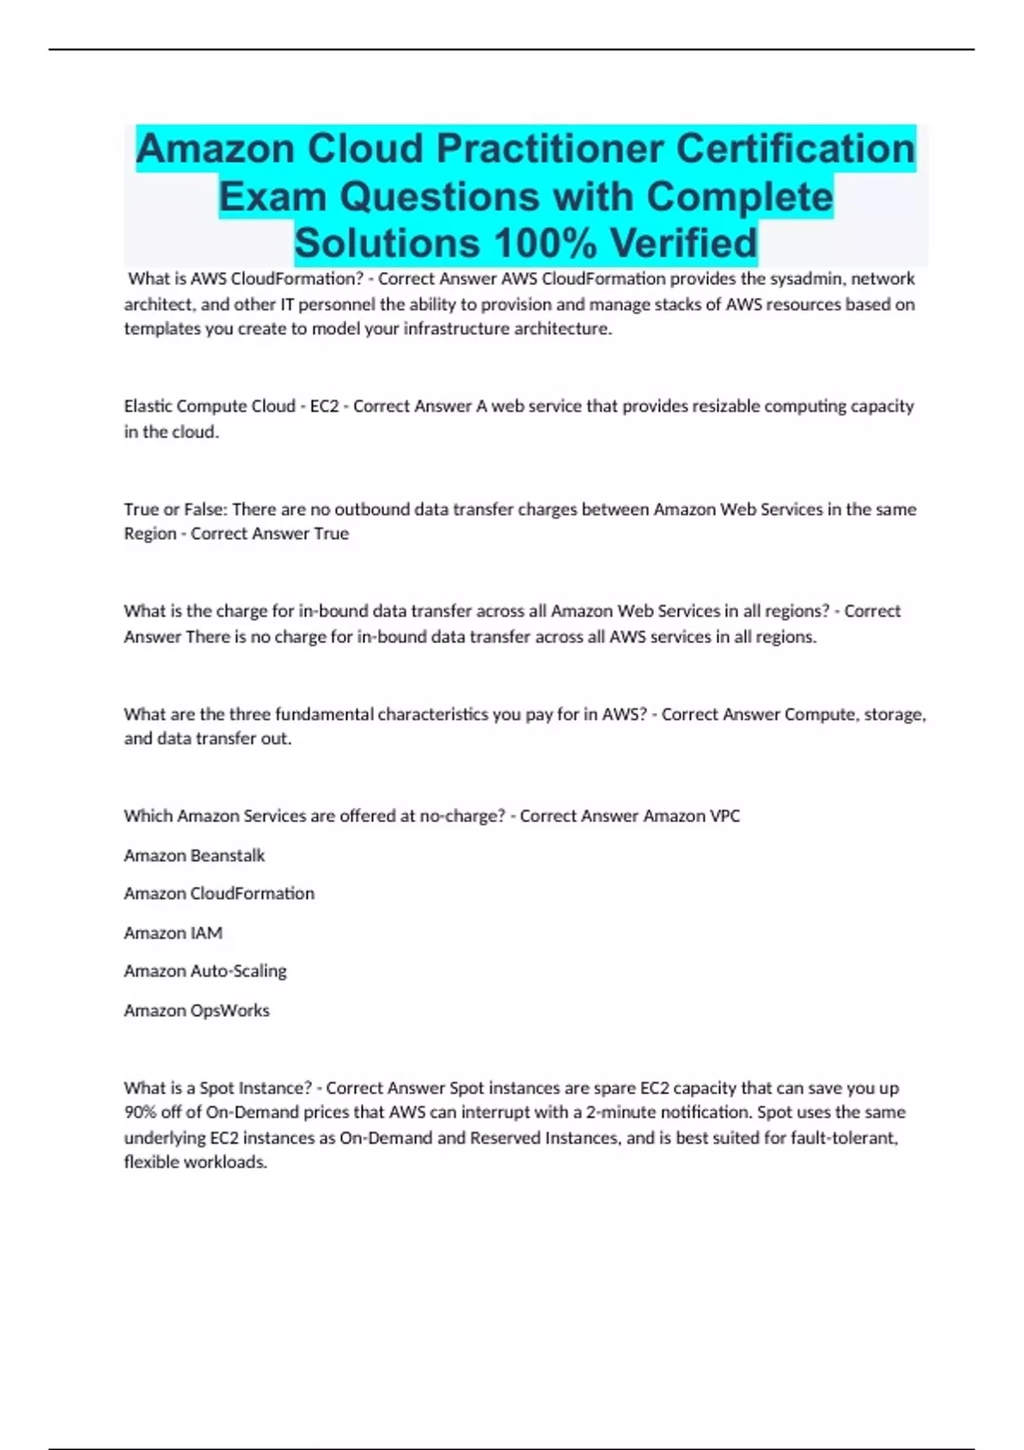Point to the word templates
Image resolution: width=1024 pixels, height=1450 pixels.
pyautogui.click(x=162, y=329)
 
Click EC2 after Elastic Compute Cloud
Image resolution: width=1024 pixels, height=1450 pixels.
pyautogui.click(x=324, y=407)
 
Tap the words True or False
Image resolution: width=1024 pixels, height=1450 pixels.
pyautogui.click(x=173, y=509)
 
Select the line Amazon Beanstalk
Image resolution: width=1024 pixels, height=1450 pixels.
pyautogui.click(x=195, y=855)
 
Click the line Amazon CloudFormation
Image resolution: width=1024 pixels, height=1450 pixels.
pyautogui.click(x=219, y=894)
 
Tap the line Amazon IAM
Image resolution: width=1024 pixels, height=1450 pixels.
pyautogui.click(x=173, y=933)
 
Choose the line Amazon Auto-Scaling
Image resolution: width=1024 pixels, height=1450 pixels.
pyautogui.click(x=206, y=971)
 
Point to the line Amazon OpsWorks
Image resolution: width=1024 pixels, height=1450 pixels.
pyautogui.click(x=197, y=1011)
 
